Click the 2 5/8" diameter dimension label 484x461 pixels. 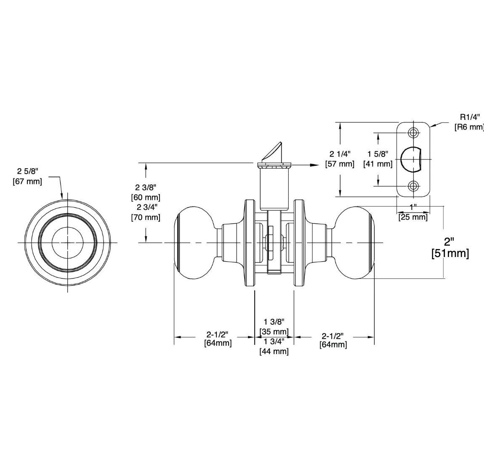tap(28, 171)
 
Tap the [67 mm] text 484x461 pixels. tap(28, 182)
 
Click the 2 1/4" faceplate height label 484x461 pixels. tap(340, 154)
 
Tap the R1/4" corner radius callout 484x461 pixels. tap(469, 117)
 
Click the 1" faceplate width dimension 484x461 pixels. tap(413, 207)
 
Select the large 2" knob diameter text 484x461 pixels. tap(450, 242)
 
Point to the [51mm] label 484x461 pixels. tap(450, 254)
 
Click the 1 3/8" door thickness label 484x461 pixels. tap(274, 322)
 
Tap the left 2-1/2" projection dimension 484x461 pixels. tap(218, 335)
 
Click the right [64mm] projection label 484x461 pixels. tap(333, 345)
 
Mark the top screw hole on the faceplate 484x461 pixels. tap(413, 133)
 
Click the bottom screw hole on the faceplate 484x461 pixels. tap(413, 186)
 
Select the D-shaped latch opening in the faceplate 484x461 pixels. tap(410, 160)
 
